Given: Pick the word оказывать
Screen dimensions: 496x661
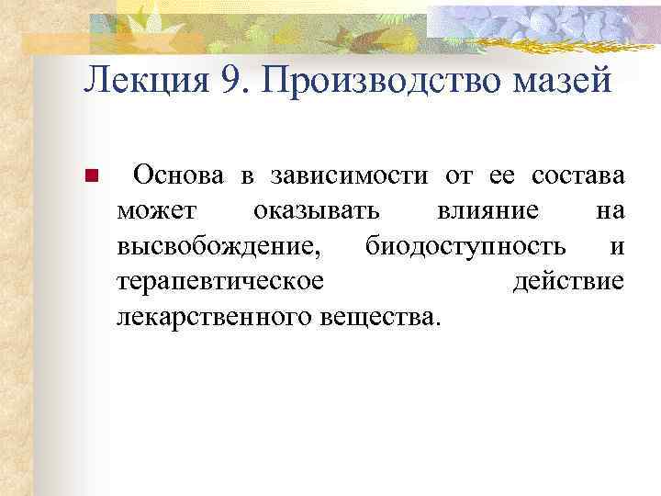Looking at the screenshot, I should [x=315, y=211].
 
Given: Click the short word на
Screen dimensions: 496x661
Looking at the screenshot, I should [x=611, y=211].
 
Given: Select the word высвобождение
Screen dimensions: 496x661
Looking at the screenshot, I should [x=219, y=247].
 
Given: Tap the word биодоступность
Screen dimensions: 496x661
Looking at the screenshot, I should [x=465, y=247].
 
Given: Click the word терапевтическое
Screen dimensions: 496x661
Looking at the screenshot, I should [x=220, y=282].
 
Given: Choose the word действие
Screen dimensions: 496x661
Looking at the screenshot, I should [x=568, y=282].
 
